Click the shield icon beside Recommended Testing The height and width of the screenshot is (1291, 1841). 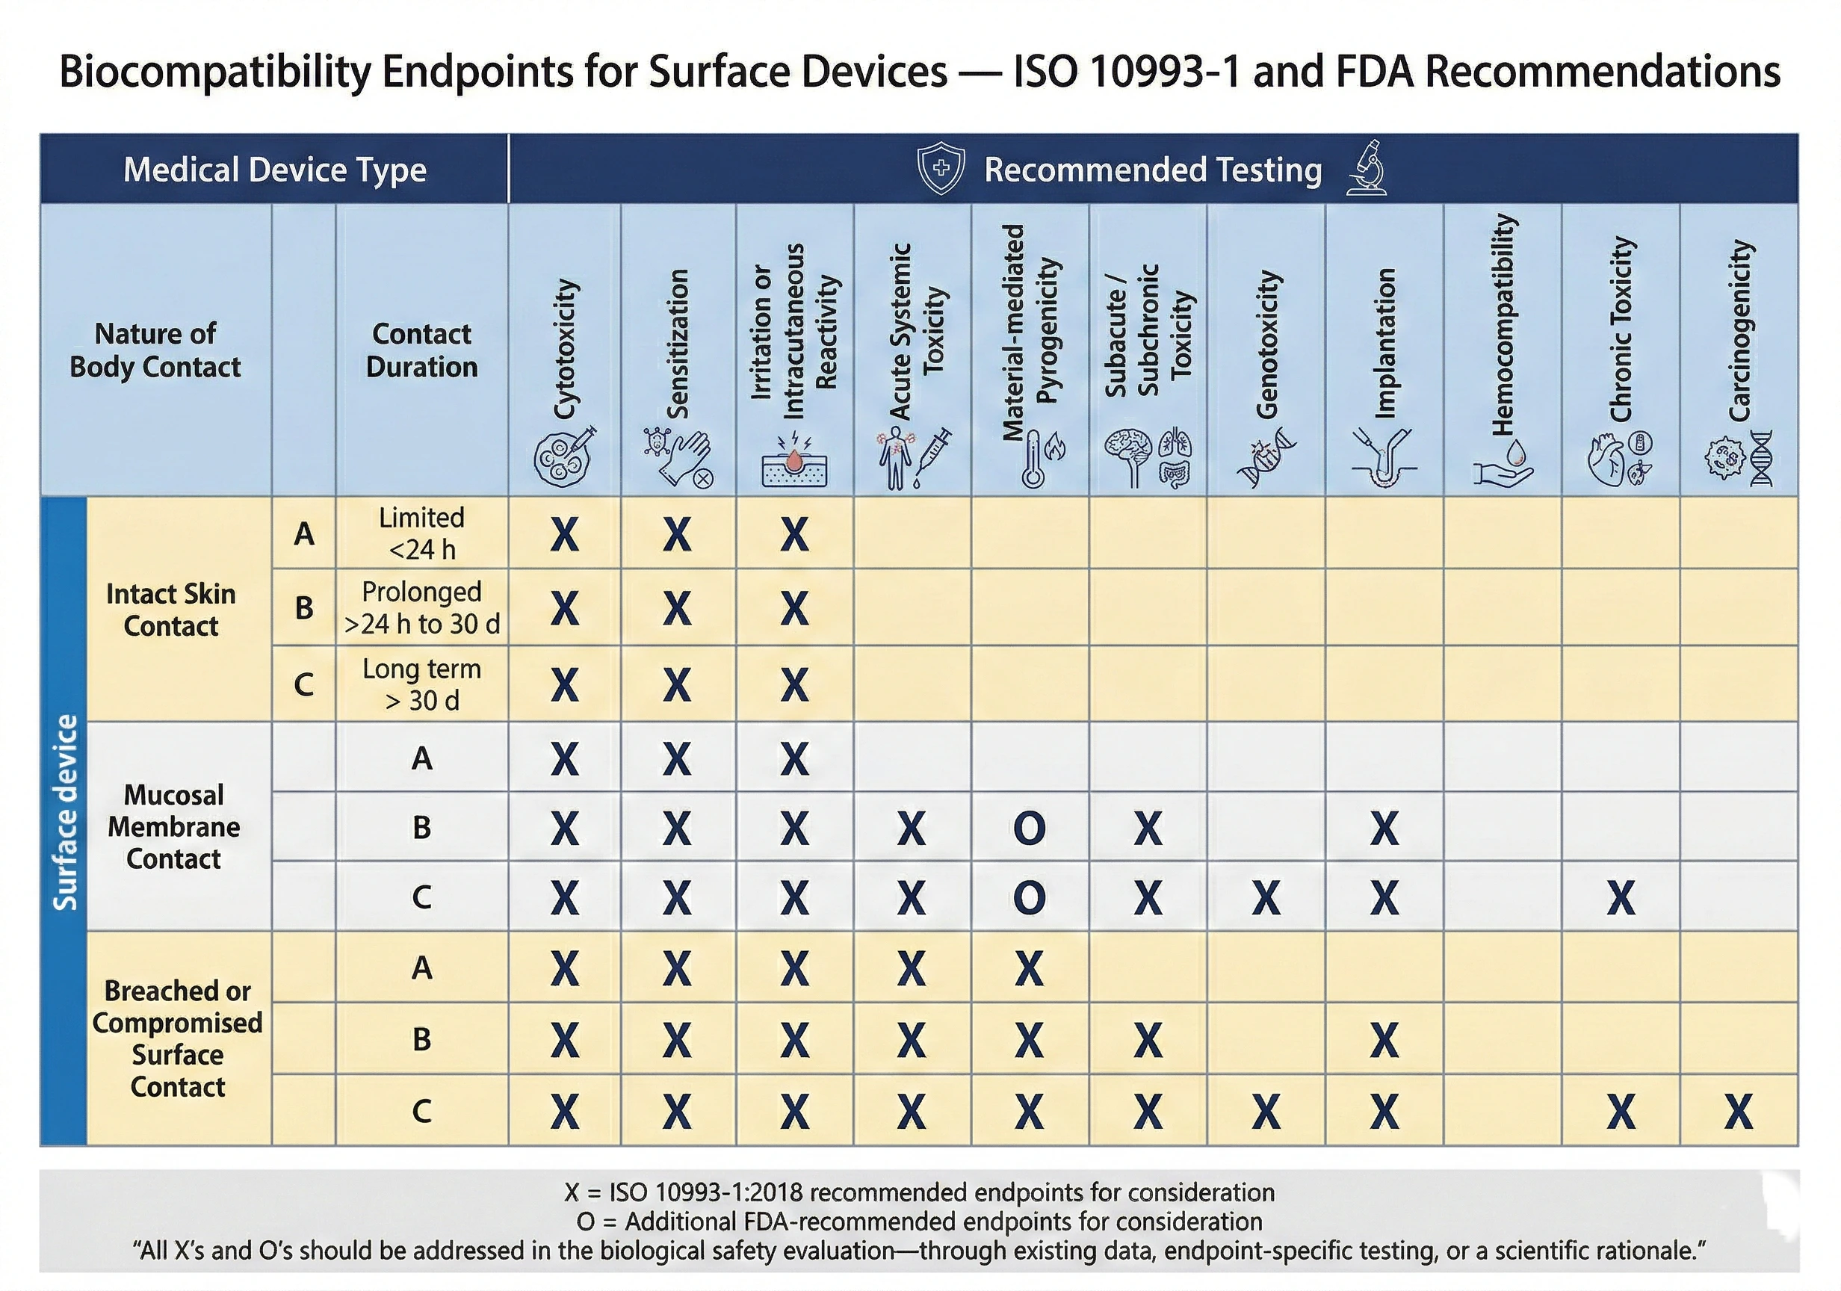point(941,168)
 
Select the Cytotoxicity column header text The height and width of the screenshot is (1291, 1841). point(566,348)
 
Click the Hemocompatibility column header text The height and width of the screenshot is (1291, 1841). point(1503,325)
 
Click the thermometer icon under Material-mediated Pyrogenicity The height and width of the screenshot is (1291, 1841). point(1033,459)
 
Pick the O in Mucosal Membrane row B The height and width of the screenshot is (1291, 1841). point(1030,828)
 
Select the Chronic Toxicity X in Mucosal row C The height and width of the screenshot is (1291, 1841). point(1621,897)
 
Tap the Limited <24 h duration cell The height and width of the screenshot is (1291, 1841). point(421,533)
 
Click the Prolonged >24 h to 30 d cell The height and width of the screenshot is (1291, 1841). point(421,608)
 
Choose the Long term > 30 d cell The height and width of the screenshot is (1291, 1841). point(421,684)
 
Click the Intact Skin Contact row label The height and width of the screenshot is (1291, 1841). point(171,610)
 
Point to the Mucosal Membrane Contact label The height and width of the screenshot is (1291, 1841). point(174,827)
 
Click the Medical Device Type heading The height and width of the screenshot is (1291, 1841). point(274,169)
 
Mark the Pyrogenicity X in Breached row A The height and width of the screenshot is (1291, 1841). point(1030,969)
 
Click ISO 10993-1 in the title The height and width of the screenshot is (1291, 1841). point(1127,72)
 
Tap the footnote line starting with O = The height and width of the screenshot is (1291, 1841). point(919,1222)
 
